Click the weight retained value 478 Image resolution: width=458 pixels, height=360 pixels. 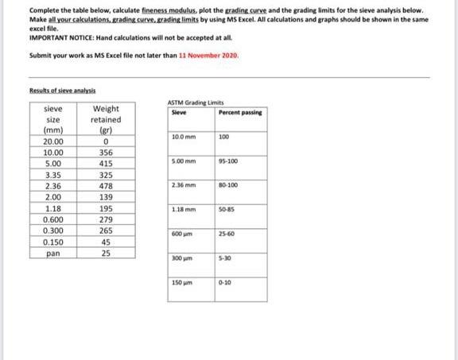107,185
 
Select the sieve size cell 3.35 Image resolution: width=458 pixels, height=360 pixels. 53,174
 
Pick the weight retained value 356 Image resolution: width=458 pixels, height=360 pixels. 107,152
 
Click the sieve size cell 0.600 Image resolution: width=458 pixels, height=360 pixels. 53,219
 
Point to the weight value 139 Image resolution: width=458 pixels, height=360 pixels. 107,196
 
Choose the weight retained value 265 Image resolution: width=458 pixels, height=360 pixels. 107,230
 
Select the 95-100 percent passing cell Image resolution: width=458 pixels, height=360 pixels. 228,161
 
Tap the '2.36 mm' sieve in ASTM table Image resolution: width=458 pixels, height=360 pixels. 184,184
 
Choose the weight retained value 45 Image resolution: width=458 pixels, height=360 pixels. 107,242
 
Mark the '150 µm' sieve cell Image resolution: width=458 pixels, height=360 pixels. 183,283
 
